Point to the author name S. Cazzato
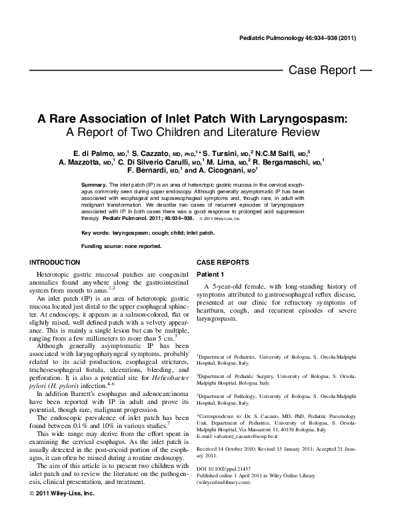[x=153, y=153]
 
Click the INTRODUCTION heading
[x=55, y=263]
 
